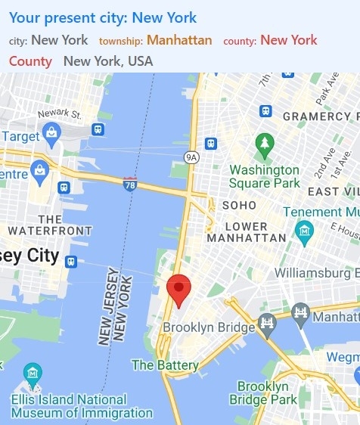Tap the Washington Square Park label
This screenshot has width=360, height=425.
[x=264, y=176]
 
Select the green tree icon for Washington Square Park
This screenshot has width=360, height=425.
[x=264, y=143]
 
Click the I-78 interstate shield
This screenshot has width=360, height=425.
[x=130, y=183]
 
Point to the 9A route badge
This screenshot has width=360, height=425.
[x=191, y=157]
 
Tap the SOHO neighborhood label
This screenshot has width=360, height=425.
[x=239, y=205]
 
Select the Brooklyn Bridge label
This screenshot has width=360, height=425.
[x=209, y=327]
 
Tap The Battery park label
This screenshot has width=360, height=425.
[x=165, y=365]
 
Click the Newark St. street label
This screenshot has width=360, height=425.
[x=59, y=113]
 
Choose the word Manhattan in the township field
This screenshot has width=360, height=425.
[x=179, y=40]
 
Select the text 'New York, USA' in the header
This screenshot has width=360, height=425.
[x=108, y=61]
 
